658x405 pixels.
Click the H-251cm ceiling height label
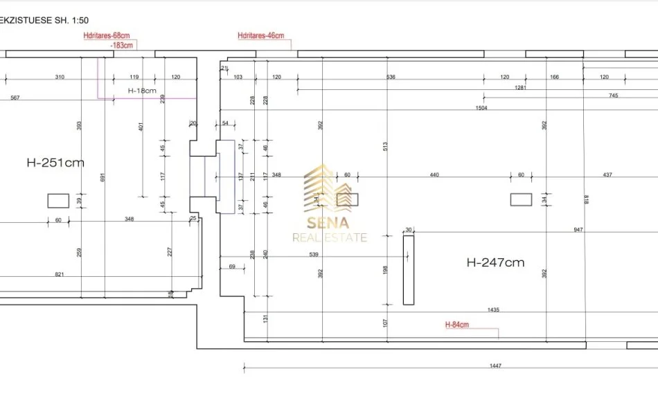pyautogui.click(x=55, y=163)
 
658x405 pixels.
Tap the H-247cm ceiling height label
pyautogui.click(x=495, y=262)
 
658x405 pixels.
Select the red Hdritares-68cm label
pyautogui.click(x=107, y=36)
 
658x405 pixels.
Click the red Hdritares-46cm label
pyautogui.click(x=260, y=36)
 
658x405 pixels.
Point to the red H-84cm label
pyautogui.click(x=457, y=325)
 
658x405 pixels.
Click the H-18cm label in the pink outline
pyautogui.click(x=142, y=91)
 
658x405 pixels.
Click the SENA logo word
pyautogui.click(x=329, y=223)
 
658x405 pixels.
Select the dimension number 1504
pyautogui.click(x=481, y=108)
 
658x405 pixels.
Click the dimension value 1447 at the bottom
pyautogui.click(x=495, y=366)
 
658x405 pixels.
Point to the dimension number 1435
pyautogui.click(x=494, y=310)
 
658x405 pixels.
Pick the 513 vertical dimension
pyautogui.click(x=385, y=146)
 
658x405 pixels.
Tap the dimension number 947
pyautogui.click(x=578, y=229)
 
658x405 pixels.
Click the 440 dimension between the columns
pyautogui.click(x=434, y=175)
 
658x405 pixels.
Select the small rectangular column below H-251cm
pyautogui.click(x=58, y=201)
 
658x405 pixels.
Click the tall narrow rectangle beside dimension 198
pyautogui.click(x=408, y=270)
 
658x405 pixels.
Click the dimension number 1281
pyautogui.click(x=521, y=88)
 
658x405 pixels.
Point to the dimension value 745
pyautogui.click(x=613, y=96)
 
